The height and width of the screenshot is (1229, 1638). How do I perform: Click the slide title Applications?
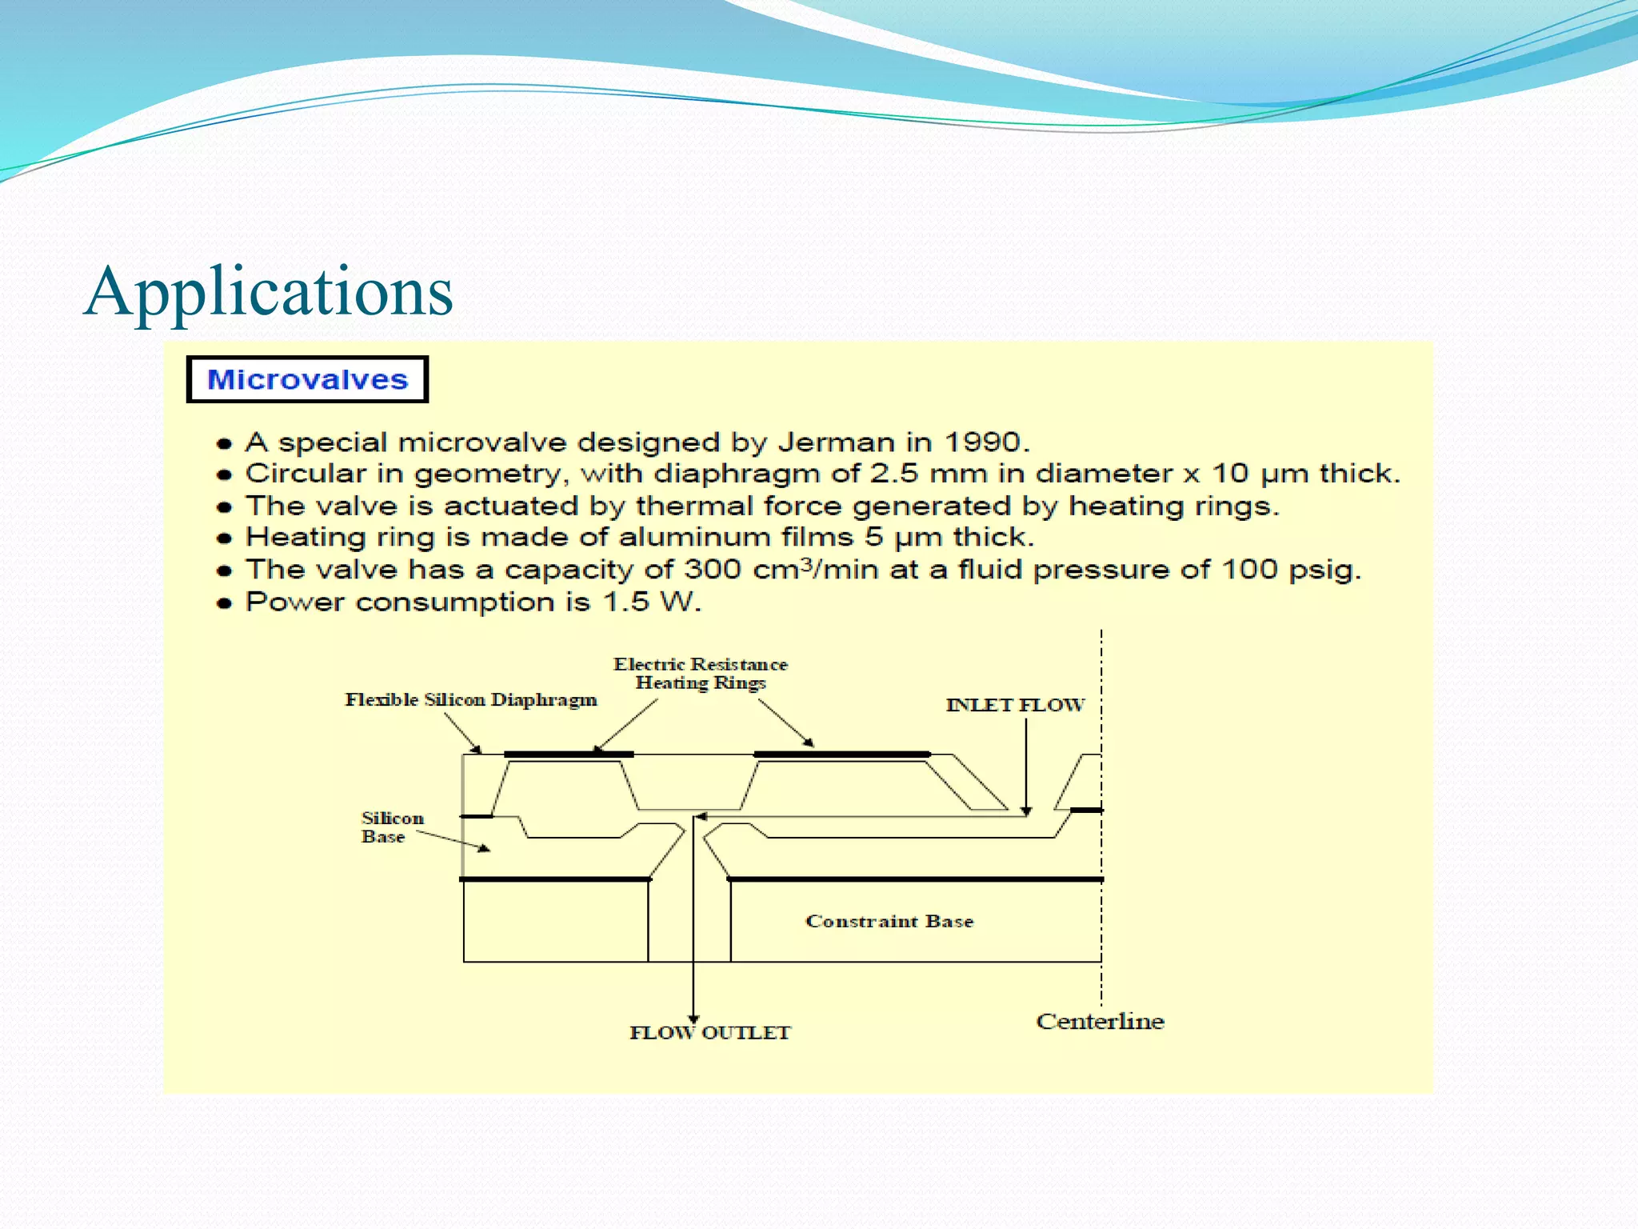coord(269,291)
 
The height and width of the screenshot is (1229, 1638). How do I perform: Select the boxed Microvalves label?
coord(307,379)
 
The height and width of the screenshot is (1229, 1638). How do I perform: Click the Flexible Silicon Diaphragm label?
coord(470,700)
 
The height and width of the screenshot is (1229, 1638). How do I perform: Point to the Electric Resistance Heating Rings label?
coord(700,674)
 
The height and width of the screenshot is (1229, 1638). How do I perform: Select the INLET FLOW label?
coord(1015,705)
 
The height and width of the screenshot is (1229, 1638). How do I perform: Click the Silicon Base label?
coord(391,827)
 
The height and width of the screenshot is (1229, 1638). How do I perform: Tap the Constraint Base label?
coord(889,921)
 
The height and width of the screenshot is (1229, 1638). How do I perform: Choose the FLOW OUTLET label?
coord(709,1033)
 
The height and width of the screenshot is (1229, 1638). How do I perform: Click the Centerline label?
coord(1100,1022)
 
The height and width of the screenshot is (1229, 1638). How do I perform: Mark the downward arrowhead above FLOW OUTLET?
coord(693,1019)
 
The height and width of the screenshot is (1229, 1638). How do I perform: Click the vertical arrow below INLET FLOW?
coord(1026,764)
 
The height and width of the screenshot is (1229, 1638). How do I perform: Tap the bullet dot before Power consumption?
coord(225,603)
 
